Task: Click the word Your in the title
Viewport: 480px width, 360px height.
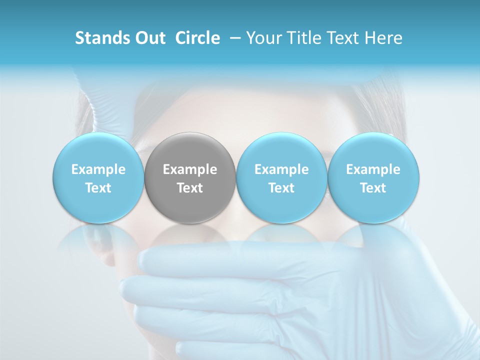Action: click(262, 38)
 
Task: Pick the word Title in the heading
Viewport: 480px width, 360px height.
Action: click(302, 38)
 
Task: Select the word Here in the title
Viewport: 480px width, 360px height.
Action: click(384, 38)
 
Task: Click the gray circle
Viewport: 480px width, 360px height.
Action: click(190, 150)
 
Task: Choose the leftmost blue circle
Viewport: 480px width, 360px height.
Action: click(98, 150)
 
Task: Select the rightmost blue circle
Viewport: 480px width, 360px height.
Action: click(373, 150)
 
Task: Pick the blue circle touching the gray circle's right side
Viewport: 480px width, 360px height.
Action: click(281, 150)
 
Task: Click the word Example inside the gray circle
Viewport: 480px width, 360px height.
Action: click(190, 169)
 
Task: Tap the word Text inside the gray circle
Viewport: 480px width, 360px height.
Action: click(190, 188)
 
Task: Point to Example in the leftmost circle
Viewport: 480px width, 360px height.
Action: click(98, 169)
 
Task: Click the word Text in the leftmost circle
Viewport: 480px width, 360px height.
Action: click(98, 188)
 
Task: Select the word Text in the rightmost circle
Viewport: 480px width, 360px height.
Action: click(373, 188)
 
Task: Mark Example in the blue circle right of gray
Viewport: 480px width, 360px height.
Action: click(281, 169)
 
